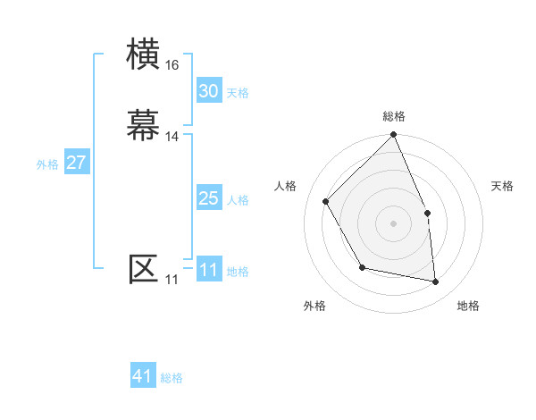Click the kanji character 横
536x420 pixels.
tap(144, 55)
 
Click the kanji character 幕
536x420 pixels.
tap(144, 123)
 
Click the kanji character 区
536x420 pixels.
tap(144, 268)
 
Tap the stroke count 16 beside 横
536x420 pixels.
tap(172, 65)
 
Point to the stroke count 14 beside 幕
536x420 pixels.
tap(172, 136)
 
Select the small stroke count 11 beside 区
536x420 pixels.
tap(172, 280)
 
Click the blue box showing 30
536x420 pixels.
tap(208, 91)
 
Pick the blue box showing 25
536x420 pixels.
tap(208, 198)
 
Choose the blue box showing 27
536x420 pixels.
tap(76, 163)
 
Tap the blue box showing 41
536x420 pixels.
tap(143, 376)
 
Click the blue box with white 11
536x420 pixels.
tap(208, 270)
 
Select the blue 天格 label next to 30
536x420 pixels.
tap(238, 93)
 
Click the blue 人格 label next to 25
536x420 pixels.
tap(238, 200)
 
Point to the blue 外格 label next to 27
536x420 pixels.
tap(47, 164)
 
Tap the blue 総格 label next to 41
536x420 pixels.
tap(172, 378)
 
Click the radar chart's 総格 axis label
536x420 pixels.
tap(394, 116)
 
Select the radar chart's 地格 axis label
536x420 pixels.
tap(468, 307)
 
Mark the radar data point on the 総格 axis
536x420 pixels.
tap(394, 136)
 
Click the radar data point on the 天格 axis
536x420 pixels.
tap(427, 213)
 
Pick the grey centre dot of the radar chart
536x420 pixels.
tap(394, 223)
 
